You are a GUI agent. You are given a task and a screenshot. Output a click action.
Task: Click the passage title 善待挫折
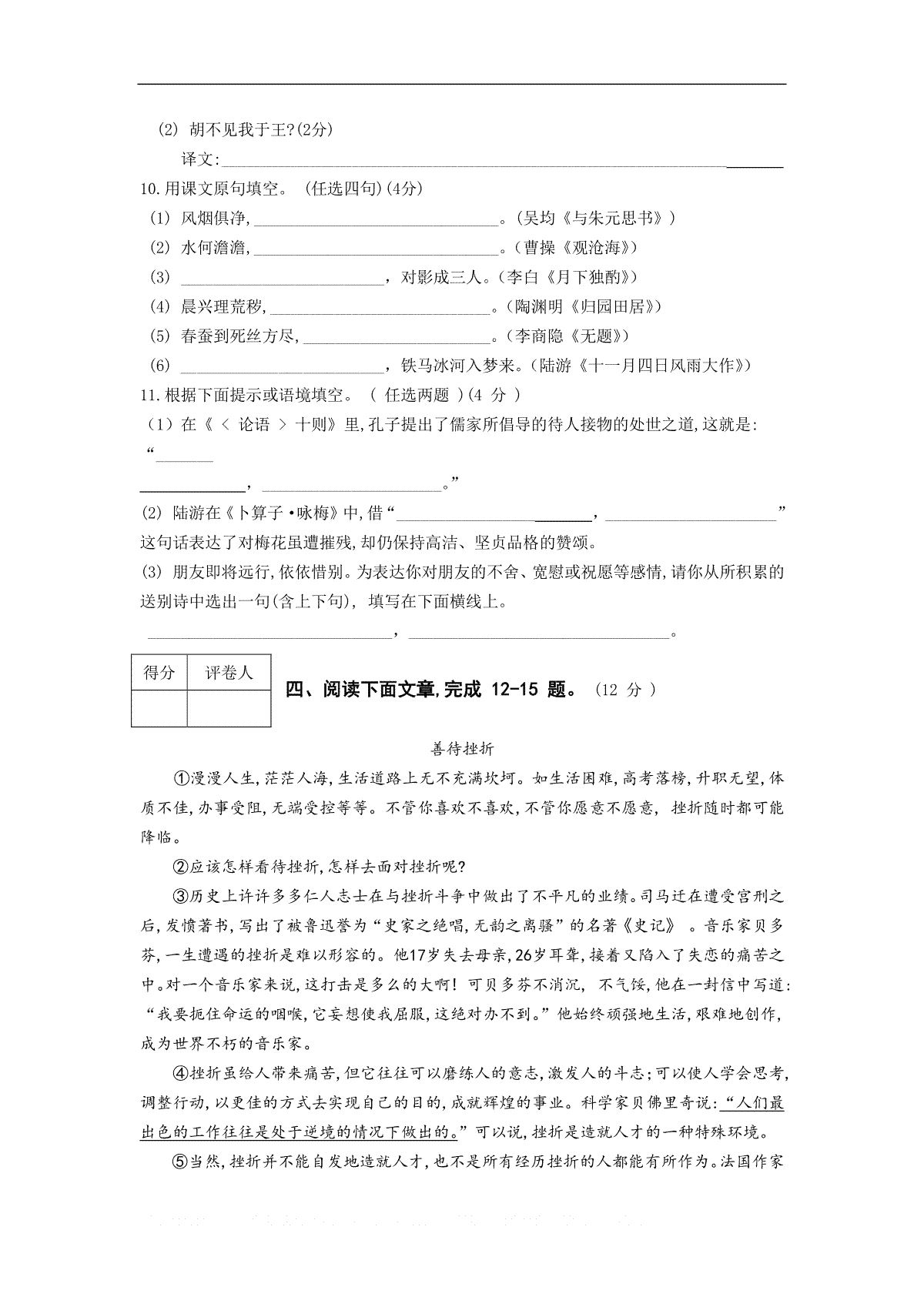point(460,748)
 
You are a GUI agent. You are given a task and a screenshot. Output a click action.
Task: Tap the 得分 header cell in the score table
point(159,673)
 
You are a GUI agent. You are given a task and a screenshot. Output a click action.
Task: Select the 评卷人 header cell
point(229,673)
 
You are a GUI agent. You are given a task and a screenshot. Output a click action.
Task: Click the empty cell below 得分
point(159,708)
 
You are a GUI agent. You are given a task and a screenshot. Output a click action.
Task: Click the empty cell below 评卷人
point(229,708)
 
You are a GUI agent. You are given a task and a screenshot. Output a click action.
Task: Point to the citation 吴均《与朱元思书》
point(591,219)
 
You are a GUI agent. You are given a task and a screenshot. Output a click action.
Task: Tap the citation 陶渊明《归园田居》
point(586,307)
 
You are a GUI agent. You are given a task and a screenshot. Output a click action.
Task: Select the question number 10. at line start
point(149,189)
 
